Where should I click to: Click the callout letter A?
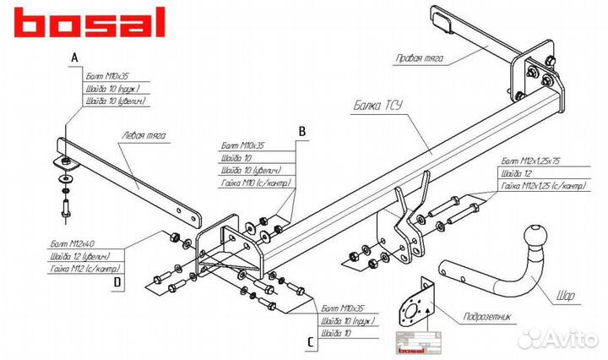(x=73, y=57)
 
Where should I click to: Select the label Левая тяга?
(x=143, y=135)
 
